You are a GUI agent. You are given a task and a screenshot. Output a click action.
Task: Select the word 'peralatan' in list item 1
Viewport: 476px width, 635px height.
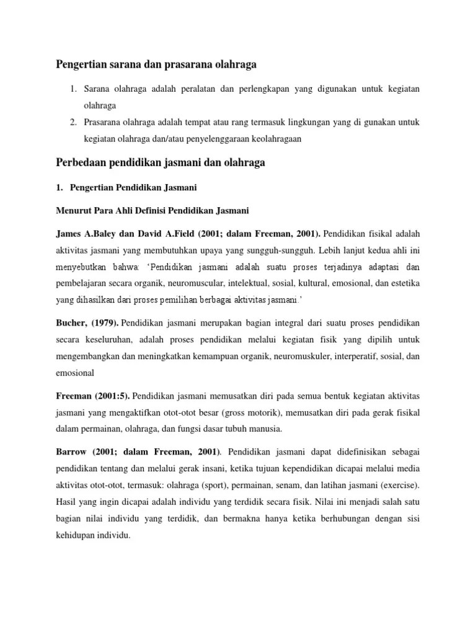[196, 89]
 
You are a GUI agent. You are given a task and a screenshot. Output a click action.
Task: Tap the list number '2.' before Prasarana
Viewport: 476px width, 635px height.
[73, 122]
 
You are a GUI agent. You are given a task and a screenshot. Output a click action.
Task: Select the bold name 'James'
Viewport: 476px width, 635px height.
[69, 233]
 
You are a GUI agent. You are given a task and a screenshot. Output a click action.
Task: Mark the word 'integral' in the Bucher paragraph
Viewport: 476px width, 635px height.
[265, 323]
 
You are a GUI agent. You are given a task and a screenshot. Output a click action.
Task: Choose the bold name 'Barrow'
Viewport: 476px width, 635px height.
[70, 452]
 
